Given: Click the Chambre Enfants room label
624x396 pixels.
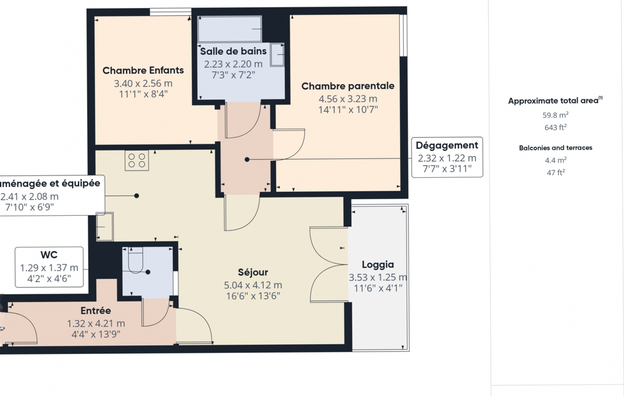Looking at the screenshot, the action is (143, 71).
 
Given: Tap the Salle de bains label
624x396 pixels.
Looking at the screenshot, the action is (233, 51).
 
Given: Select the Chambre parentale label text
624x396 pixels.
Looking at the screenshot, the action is (348, 86).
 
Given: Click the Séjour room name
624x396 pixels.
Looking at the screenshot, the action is (253, 272).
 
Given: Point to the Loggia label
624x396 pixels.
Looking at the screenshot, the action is (378, 264).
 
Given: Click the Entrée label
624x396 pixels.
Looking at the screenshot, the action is (96, 311).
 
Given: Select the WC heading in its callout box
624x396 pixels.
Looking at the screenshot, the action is (49, 255).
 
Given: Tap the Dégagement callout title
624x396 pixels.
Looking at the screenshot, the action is (447, 146).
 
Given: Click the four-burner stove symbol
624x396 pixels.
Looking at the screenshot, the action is (137, 161).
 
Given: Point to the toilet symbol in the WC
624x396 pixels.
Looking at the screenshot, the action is (136, 260).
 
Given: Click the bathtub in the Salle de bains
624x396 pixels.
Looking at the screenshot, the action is (230, 29).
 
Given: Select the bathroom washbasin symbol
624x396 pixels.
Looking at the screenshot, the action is (278, 55).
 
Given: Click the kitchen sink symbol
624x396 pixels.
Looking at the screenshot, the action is (105, 227).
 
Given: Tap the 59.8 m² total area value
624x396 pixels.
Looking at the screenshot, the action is (556, 115).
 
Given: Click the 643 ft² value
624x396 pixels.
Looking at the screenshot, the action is (556, 127).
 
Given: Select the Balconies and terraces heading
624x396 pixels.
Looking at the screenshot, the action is (556, 148).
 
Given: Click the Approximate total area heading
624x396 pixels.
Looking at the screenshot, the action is (555, 101).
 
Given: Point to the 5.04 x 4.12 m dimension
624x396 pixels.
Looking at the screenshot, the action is (253, 285).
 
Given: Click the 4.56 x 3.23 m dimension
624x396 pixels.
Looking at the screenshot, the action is (348, 99).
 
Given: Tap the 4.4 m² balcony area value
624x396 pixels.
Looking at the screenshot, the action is (556, 160).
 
